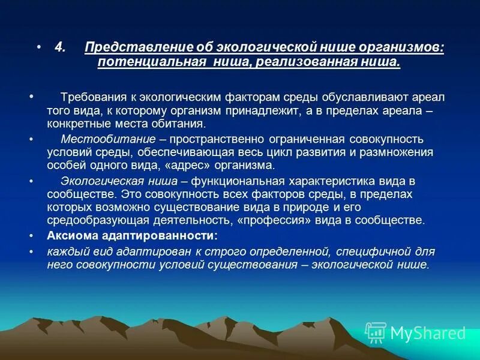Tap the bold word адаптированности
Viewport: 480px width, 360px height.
[x=158, y=235]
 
